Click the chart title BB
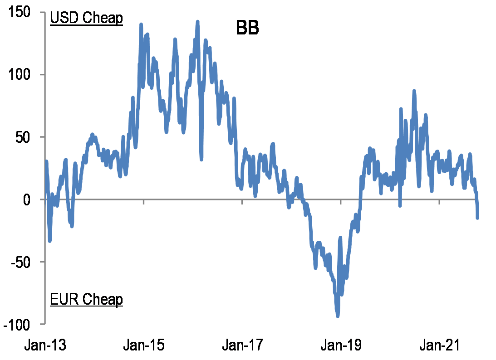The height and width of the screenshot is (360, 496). pos(247,28)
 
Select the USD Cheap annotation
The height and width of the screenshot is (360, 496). pos(86,19)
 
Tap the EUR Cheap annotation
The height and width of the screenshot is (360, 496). pos(86,299)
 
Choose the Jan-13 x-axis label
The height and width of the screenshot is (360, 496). pos(45,345)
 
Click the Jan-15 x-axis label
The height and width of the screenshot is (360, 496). pos(144,345)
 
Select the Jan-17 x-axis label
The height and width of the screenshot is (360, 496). pos(242,345)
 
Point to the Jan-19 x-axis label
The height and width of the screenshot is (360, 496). pos(341,345)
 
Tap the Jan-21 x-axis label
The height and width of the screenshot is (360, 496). pos(439,345)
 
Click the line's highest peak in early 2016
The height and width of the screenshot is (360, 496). pos(197,21)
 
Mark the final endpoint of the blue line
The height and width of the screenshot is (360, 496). pos(477,218)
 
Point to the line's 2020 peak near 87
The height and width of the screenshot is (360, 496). pos(414,91)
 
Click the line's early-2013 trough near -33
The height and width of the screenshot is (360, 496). pos(49,240)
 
